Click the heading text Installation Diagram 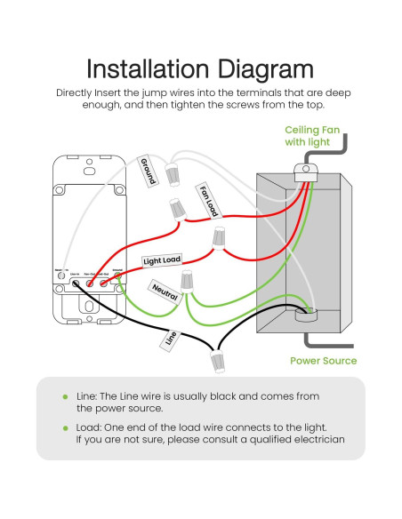click(x=200, y=69)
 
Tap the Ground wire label click(x=148, y=172)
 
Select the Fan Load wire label click(x=207, y=201)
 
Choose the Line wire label click(x=171, y=339)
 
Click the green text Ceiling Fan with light click(x=308, y=134)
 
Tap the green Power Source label click(x=323, y=361)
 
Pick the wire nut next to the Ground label click(x=173, y=170)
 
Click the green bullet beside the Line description click(x=65, y=396)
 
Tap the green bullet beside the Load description click(x=65, y=427)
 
